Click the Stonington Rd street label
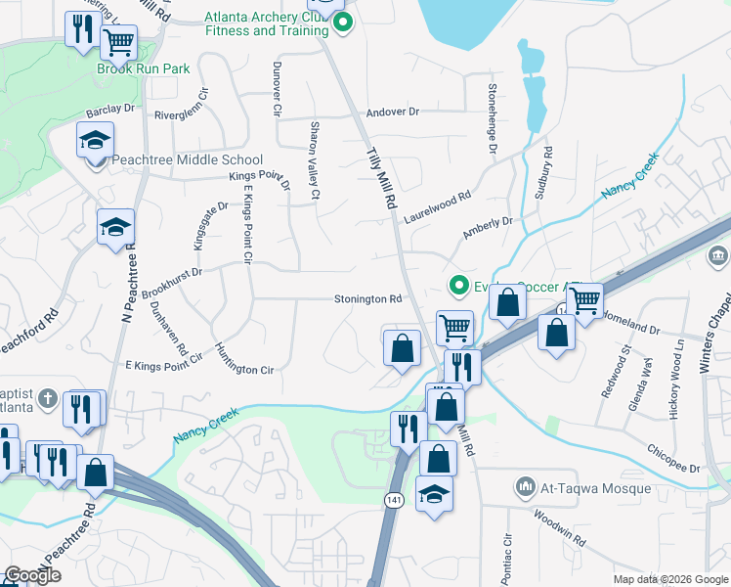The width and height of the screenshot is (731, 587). [x=368, y=299]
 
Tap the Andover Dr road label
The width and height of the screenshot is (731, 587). [x=392, y=113]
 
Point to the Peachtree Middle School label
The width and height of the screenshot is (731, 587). [x=187, y=160]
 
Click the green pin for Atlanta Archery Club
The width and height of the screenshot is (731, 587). [x=340, y=24]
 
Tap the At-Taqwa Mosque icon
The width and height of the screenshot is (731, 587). [x=526, y=487]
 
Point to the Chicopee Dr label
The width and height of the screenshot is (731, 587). [x=674, y=459]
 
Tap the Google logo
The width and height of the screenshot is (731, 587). [x=32, y=575]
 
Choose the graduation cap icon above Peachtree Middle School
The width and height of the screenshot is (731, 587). [x=96, y=140]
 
